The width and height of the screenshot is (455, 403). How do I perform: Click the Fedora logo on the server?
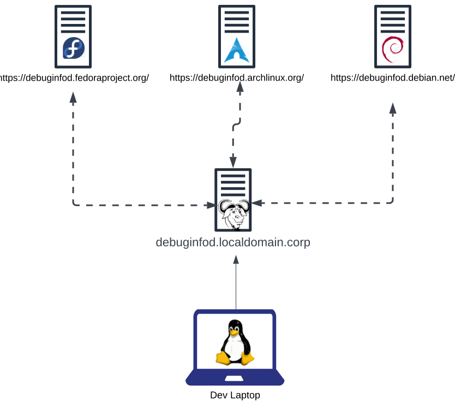pyautogui.click(x=74, y=48)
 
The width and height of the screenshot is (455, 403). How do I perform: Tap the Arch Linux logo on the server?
pyautogui.click(x=236, y=50)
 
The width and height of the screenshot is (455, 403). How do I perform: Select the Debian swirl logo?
pyautogui.click(x=392, y=48)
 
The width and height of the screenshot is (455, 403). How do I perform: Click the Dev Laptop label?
pyautogui.click(x=235, y=395)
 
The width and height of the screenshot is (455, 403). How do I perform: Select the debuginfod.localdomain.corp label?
pyautogui.click(x=233, y=242)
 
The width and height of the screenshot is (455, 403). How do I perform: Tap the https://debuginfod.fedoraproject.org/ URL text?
pyautogui.click(x=74, y=78)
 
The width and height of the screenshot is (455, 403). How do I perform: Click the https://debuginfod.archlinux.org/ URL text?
pyautogui.click(x=236, y=78)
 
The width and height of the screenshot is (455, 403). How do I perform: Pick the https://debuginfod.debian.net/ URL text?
pyautogui.click(x=392, y=78)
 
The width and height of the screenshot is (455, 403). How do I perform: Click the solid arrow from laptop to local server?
pyautogui.click(x=236, y=283)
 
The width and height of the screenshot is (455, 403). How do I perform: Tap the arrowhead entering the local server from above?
pyautogui.click(x=233, y=162)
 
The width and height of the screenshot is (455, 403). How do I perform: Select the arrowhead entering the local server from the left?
pyautogui.click(x=211, y=205)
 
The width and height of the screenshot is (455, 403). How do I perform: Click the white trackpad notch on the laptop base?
pyautogui.click(x=235, y=378)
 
